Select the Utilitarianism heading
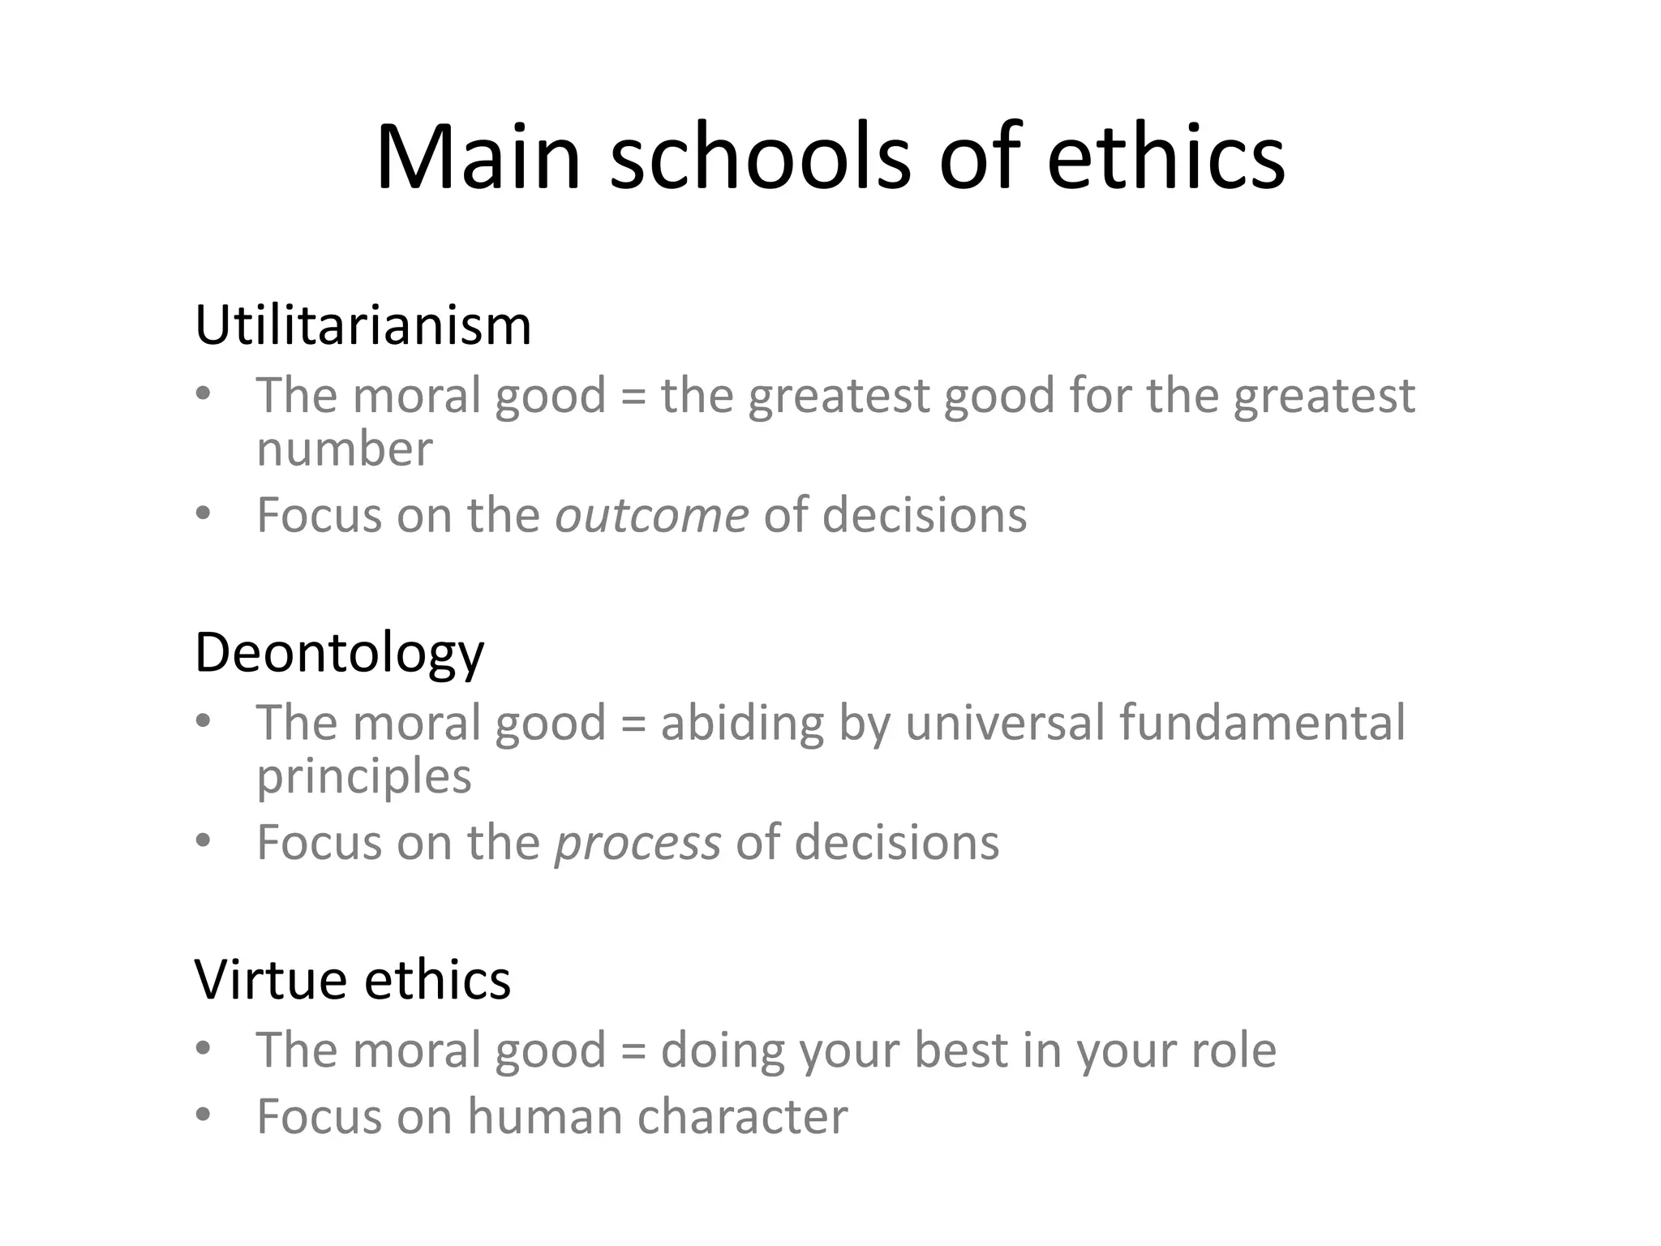(363, 325)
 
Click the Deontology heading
(339, 653)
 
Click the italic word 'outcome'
(651, 515)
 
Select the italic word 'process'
(637, 843)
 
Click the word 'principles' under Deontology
(363, 777)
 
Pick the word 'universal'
(1005, 722)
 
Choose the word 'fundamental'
(1262, 722)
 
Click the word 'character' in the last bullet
(742, 1116)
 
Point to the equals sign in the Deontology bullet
(633, 724)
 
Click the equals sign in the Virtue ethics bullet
(633, 1051)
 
